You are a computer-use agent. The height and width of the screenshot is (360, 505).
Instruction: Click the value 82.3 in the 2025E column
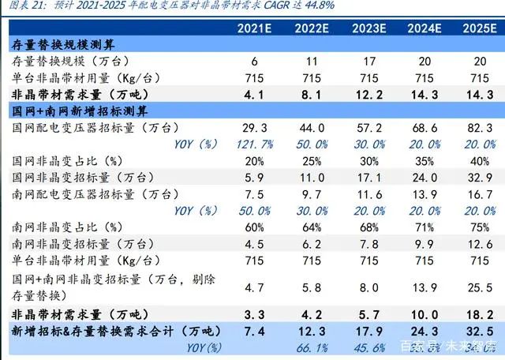479,127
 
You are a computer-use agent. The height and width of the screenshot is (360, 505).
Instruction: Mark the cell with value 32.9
479,178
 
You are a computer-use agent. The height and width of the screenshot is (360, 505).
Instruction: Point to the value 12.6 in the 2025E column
479,245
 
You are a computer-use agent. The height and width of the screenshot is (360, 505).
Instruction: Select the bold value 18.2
479,313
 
